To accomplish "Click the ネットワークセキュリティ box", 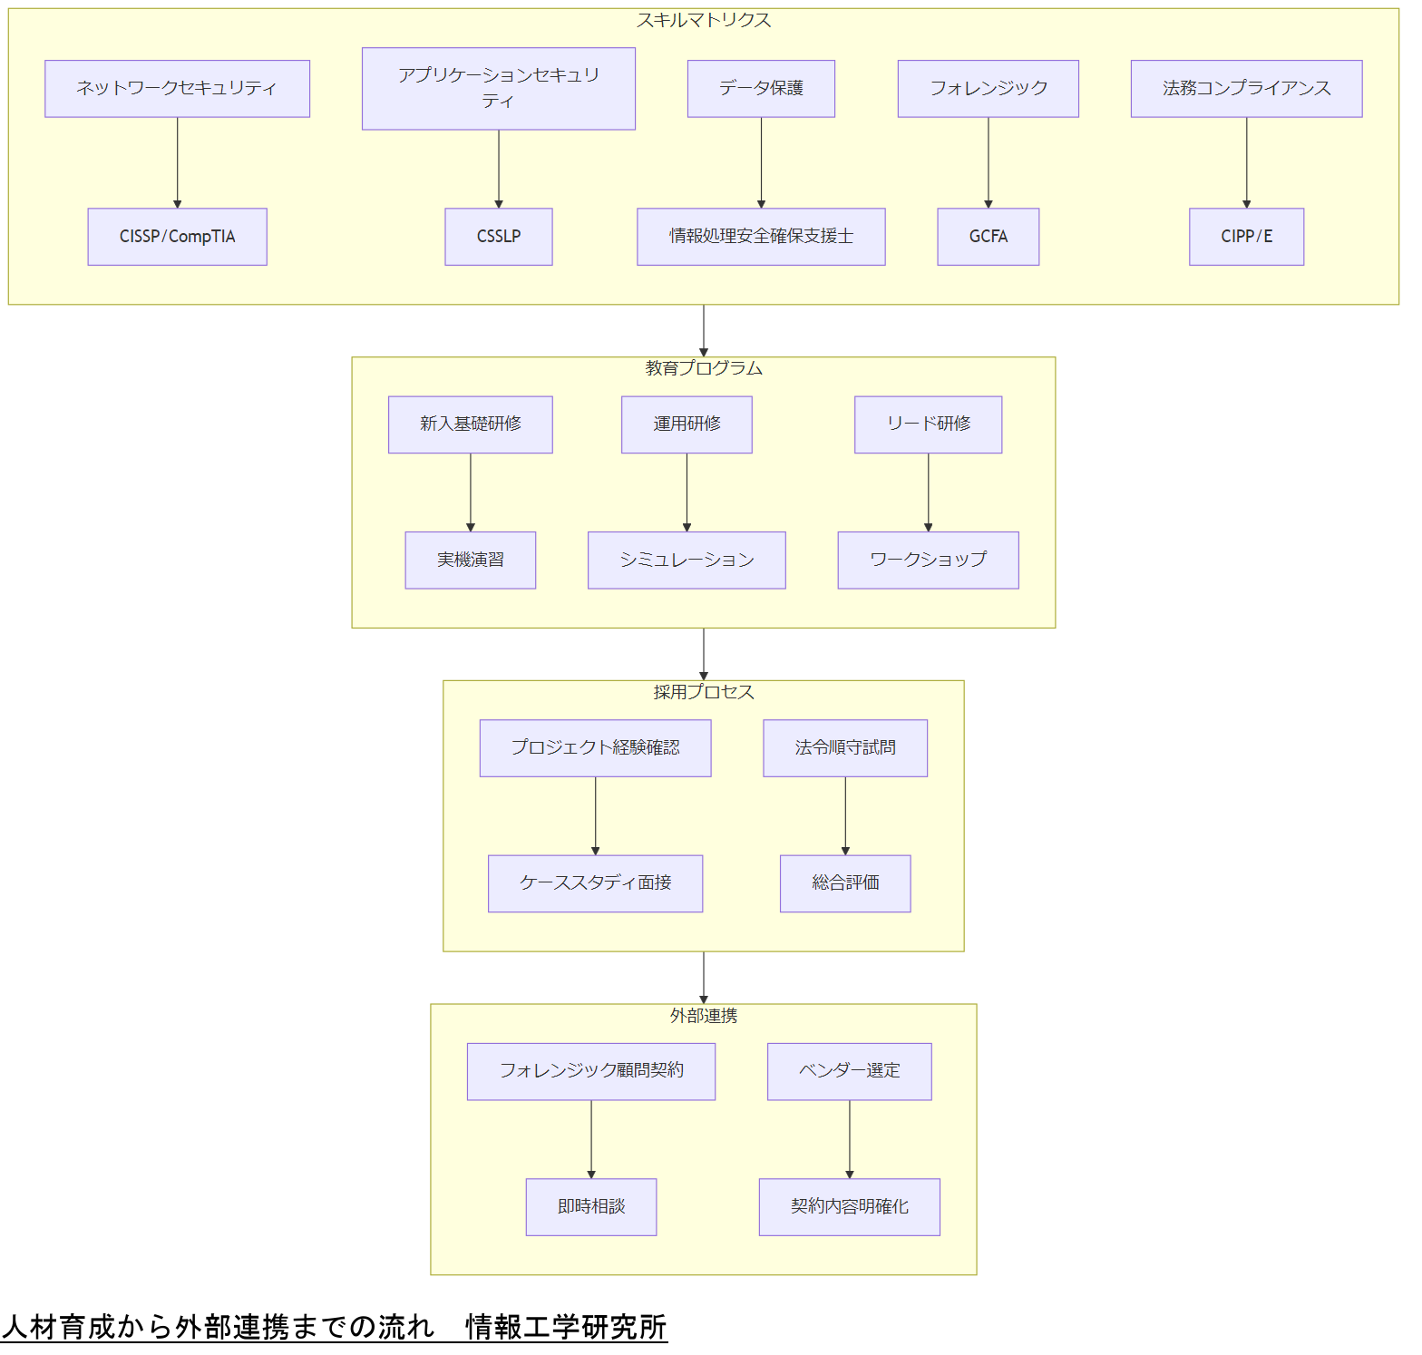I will click(x=177, y=88).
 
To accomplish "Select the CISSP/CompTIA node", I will click(x=177, y=237).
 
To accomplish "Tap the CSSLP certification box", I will click(x=498, y=237).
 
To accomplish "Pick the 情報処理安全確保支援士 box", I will click(x=761, y=237).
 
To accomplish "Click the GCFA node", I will click(x=988, y=237).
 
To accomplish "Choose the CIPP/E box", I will click(x=1246, y=237).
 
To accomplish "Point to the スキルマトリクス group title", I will click(x=703, y=20).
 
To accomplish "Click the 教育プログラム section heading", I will click(x=703, y=368).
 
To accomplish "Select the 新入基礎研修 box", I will click(x=470, y=424).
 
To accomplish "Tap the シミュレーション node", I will click(x=687, y=561).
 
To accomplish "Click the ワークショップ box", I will click(x=928, y=561).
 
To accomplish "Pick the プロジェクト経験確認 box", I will click(x=595, y=748).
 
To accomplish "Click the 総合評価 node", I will click(x=845, y=883).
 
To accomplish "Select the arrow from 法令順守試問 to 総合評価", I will click(x=845, y=816).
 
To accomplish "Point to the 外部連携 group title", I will click(x=703, y=1016).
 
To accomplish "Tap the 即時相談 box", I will click(x=590, y=1207).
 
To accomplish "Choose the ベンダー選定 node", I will click(x=849, y=1071).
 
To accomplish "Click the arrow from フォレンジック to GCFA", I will click(x=988, y=163).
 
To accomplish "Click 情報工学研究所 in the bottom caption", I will click(x=566, y=1327).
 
